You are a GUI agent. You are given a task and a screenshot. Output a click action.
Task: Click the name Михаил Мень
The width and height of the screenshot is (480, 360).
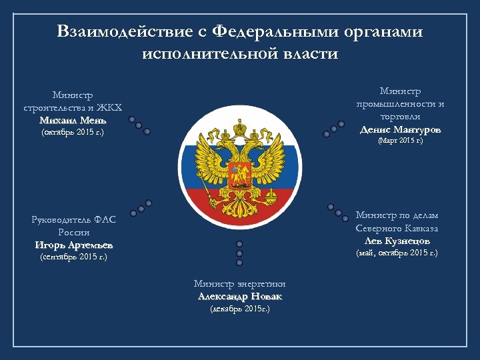point(73,120)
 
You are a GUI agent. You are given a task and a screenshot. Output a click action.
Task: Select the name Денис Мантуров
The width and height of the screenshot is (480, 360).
point(400,129)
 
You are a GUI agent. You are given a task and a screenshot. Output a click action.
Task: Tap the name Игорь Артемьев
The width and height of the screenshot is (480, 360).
point(74,244)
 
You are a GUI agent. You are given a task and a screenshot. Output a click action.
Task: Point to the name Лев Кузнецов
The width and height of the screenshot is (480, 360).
point(397,240)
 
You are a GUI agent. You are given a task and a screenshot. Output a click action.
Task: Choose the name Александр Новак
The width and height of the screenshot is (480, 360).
point(240,296)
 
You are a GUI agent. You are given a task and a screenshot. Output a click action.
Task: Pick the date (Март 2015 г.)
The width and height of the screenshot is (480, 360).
point(400,141)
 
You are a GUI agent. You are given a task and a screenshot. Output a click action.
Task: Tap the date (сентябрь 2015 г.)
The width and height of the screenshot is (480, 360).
point(74,256)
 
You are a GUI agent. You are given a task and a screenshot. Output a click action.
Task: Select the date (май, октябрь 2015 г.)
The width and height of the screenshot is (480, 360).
point(397,253)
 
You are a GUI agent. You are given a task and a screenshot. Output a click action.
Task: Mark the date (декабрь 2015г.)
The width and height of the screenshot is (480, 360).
point(240,309)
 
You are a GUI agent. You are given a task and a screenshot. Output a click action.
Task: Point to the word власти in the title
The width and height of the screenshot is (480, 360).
point(308,53)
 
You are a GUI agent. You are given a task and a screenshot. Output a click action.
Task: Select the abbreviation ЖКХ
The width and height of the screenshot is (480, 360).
point(108,108)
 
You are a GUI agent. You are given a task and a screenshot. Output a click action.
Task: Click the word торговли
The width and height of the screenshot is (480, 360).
point(400,116)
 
